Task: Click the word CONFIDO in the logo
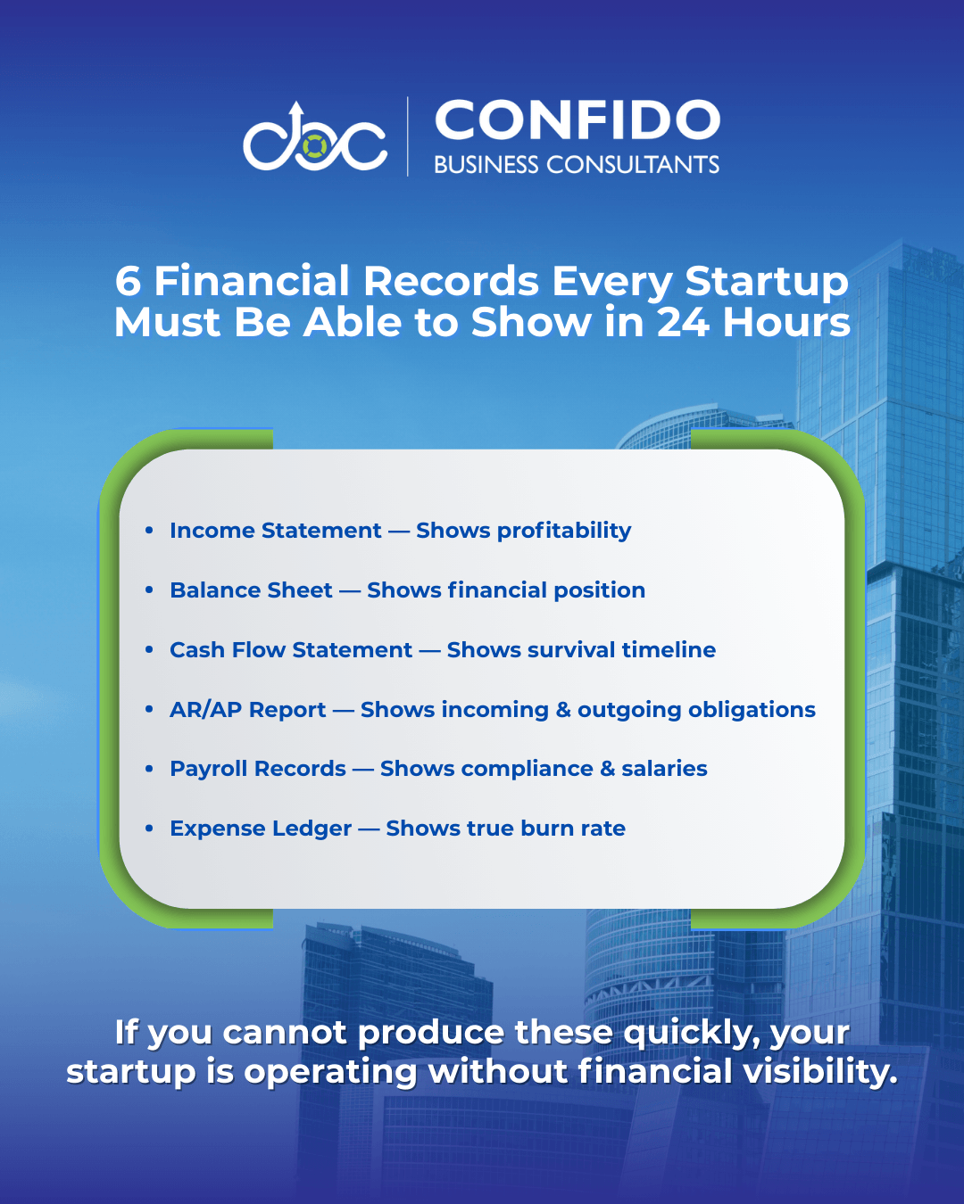pos(578,120)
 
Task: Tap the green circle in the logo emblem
pos(315,146)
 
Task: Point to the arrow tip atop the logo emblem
pos(297,105)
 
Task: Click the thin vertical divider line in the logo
pos(407,136)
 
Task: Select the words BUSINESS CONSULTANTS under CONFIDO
pos(577,164)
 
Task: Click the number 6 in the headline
pos(128,281)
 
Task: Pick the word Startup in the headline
pos(767,283)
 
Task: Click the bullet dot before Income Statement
pos(149,530)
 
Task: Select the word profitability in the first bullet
pos(564,531)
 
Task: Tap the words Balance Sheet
pos(251,590)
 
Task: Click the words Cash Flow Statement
pos(291,650)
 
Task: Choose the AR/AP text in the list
pos(206,710)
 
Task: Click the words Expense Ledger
pos(261,829)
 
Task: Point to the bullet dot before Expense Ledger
pos(149,828)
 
